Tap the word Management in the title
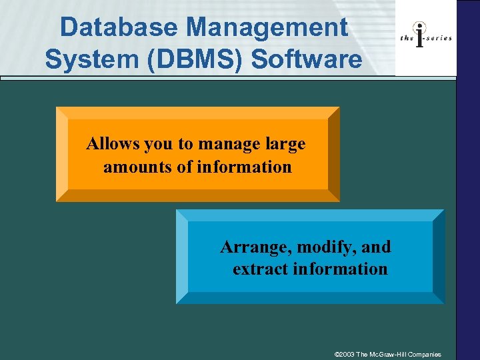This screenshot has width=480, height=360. click(x=267, y=28)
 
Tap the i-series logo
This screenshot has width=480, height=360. click(x=426, y=37)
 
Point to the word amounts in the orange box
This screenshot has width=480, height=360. click(x=135, y=167)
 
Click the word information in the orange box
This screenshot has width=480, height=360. click(x=245, y=167)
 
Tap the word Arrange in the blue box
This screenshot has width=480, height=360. click(x=256, y=247)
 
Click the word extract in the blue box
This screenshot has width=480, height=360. click(x=257, y=269)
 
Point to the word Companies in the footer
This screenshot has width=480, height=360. click(x=434, y=354)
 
